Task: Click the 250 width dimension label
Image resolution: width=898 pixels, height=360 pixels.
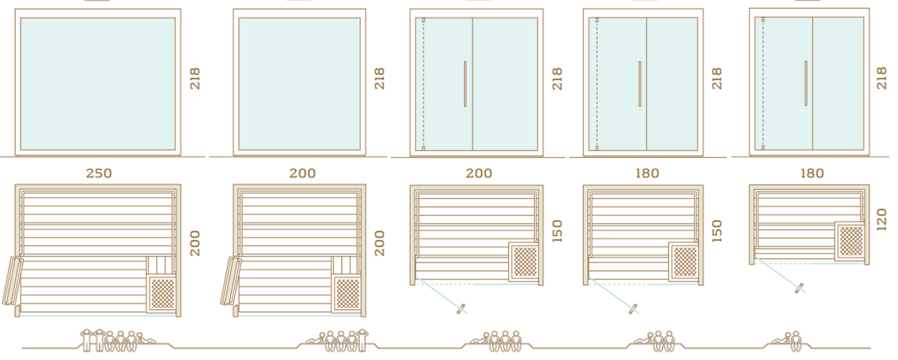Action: [99, 173]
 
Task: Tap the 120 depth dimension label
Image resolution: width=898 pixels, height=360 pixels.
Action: [882, 220]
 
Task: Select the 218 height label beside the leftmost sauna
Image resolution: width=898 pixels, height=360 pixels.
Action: [195, 79]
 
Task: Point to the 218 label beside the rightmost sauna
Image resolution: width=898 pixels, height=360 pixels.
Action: [882, 78]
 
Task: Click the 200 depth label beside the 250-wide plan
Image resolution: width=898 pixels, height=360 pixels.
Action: [195, 243]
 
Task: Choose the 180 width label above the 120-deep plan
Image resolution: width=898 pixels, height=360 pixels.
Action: [812, 173]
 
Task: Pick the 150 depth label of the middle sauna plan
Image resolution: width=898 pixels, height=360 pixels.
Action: [558, 231]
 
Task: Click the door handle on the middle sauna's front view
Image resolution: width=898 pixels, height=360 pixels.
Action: [465, 84]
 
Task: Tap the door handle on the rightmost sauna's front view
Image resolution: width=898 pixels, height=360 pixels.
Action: [806, 83]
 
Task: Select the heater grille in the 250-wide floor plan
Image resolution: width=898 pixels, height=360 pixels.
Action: [162, 293]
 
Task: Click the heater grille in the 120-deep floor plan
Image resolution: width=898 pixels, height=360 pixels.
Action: [850, 241]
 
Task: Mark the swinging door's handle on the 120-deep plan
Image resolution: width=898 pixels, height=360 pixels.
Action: [799, 288]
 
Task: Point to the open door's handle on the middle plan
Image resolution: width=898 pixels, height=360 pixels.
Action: [461, 308]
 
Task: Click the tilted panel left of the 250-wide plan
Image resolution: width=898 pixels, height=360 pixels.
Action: [12, 281]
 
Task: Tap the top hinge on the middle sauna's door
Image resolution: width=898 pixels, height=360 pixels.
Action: [424, 19]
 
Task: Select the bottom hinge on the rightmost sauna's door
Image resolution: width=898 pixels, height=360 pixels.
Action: [763, 147]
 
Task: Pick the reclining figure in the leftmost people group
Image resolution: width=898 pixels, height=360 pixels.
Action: [146, 339]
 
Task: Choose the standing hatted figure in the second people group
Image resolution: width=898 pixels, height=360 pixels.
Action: [362, 341]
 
